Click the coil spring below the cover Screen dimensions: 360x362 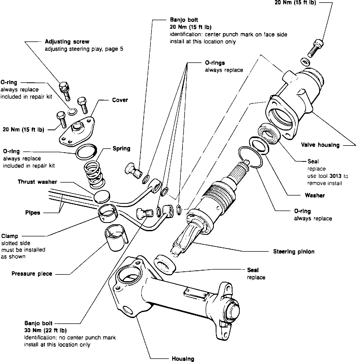(x=94, y=175)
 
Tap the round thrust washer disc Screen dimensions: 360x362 (x=102, y=197)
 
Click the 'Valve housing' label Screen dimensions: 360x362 (x=320, y=145)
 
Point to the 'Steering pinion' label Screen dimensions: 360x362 (x=294, y=251)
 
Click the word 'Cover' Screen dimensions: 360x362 (x=120, y=100)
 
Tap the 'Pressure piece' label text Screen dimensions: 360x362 (x=32, y=273)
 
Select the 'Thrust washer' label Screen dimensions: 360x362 (x=37, y=182)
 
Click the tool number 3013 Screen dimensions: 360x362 (x=335, y=176)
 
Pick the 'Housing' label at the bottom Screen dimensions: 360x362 (x=183, y=358)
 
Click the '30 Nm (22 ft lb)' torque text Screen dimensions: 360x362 (x=46, y=330)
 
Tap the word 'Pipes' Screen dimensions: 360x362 (x=33, y=213)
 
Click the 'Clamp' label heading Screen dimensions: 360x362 (x=10, y=236)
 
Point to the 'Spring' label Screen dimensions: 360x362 (x=122, y=148)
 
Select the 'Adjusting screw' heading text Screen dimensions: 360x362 (x=67, y=41)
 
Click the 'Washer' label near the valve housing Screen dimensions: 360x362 (x=315, y=195)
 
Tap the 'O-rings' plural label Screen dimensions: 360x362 (x=215, y=63)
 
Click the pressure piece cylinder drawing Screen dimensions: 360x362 (x=116, y=237)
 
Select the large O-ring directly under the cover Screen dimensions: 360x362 (x=86, y=152)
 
